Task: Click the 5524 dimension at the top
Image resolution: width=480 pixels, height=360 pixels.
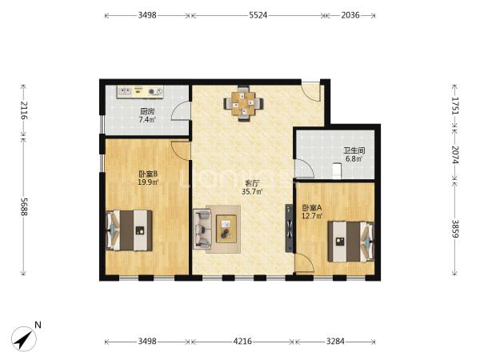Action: (258, 15)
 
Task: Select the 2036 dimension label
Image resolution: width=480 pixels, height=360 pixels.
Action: (350, 15)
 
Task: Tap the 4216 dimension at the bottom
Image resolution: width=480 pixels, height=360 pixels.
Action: (242, 341)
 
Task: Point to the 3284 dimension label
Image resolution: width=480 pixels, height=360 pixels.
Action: (335, 341)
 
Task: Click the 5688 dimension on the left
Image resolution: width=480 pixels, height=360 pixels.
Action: (24, 206)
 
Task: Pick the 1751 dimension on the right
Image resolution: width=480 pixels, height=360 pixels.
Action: (455, 106)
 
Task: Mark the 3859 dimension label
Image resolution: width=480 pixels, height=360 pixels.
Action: (455, 229)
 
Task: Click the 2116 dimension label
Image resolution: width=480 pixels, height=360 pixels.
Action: (24, 110)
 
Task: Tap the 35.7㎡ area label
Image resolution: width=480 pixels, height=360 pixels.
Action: (252, 192)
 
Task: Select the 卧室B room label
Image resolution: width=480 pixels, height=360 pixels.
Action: (148, 174)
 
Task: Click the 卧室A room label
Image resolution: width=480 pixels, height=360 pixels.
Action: (312, 208)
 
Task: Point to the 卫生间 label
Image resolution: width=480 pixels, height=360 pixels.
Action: (354, 150)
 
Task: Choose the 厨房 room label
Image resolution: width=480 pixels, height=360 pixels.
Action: (147, 111)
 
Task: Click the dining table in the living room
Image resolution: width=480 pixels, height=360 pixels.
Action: (243, 104)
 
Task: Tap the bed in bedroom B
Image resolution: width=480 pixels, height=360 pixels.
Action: (129, 230)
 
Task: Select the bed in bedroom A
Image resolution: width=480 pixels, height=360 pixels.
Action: (351, 242)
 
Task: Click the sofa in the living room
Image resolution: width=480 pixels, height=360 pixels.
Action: (202, 229)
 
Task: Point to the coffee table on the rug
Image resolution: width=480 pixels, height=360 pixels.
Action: (226, 229)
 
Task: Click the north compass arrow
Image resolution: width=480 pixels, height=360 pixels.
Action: (24, 339)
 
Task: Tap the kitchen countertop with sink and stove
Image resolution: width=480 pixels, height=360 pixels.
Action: (140, 92)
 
